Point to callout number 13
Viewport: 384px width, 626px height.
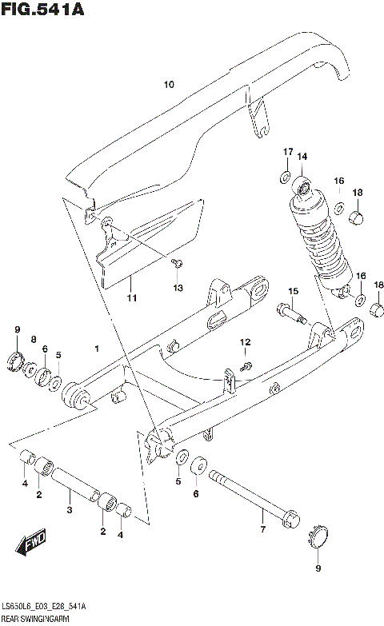[178, 287]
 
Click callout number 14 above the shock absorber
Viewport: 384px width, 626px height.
[302, 157]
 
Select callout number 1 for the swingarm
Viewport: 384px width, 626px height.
[97, 349]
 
